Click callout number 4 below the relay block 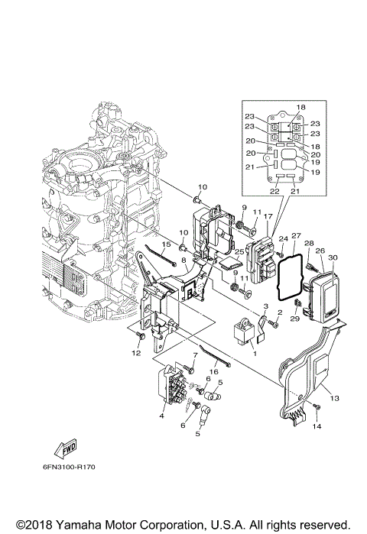click(x=161, y=416)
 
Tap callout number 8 click(x=184, y=261)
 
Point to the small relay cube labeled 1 click(x=245, y=332)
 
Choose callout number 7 click(x=196, y=355)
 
